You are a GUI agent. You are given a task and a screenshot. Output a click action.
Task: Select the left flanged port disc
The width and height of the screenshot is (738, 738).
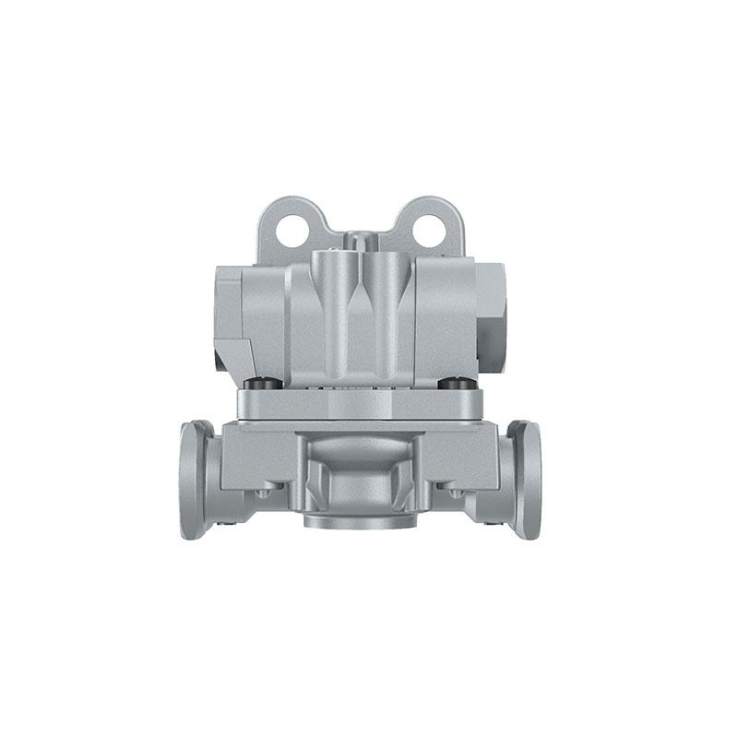[x=196, y=478]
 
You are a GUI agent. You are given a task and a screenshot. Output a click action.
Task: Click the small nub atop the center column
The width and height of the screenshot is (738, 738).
[x=360, y=241]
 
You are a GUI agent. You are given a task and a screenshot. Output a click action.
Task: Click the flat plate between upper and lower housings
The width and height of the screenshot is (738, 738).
[x=360, y=404]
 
